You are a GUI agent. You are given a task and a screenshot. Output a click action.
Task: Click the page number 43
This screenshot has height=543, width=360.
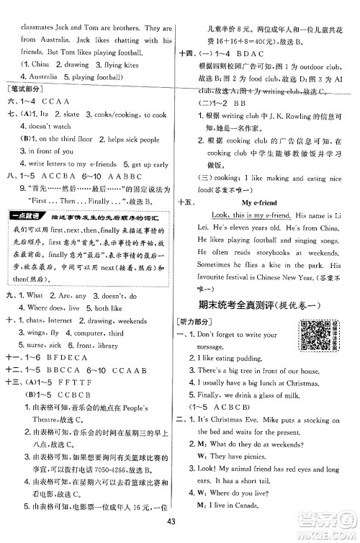point(170,522)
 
